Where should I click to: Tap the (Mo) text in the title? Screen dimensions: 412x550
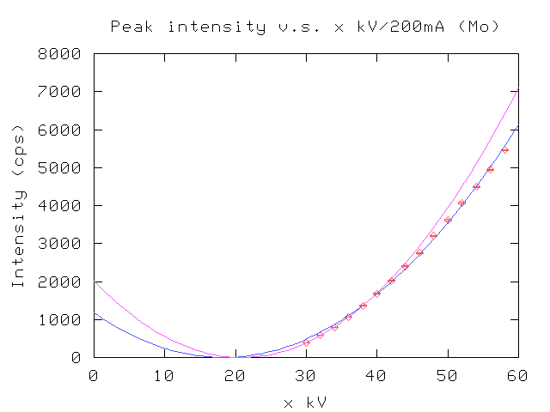(x=479, y=27)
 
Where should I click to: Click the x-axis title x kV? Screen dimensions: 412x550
(x=305, y=401)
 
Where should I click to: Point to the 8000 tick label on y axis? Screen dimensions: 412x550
(x=63, y=53)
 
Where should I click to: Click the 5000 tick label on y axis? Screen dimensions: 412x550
(x=63, y=167)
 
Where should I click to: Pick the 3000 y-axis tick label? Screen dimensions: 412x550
(x=63, y=243)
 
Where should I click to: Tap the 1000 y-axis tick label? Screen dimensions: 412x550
(x=63, y=319)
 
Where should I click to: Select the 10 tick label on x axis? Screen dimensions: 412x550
(x=164, y=374)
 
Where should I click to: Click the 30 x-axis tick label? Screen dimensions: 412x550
(x=305, y=374)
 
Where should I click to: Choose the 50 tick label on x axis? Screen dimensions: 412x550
(x=447, y=374)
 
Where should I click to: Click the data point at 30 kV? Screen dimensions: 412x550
(x=306, y=342)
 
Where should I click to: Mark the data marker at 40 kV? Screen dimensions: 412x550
(x=376, y=294)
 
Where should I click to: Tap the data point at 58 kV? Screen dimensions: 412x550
(x=504, y=149)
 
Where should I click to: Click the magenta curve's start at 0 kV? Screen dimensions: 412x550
(x=95, y=282)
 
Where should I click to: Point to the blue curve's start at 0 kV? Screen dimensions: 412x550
(x=95, y=314)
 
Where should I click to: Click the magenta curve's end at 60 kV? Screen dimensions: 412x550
(x=517, y=89)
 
